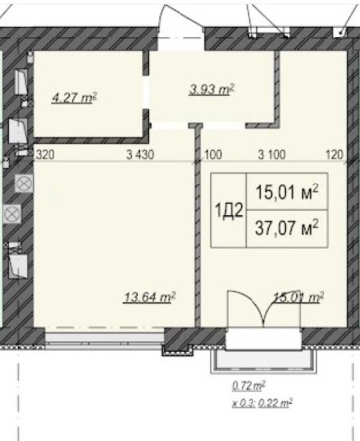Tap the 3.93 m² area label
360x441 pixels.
[x=210, y=90]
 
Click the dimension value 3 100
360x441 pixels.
[x=271, y=154]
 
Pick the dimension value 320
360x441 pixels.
[x=45, y=154]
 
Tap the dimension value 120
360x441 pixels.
[x=334, y=154]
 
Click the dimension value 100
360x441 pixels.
[x=214, y=154]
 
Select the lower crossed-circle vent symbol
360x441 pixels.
[x=12, y=212]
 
